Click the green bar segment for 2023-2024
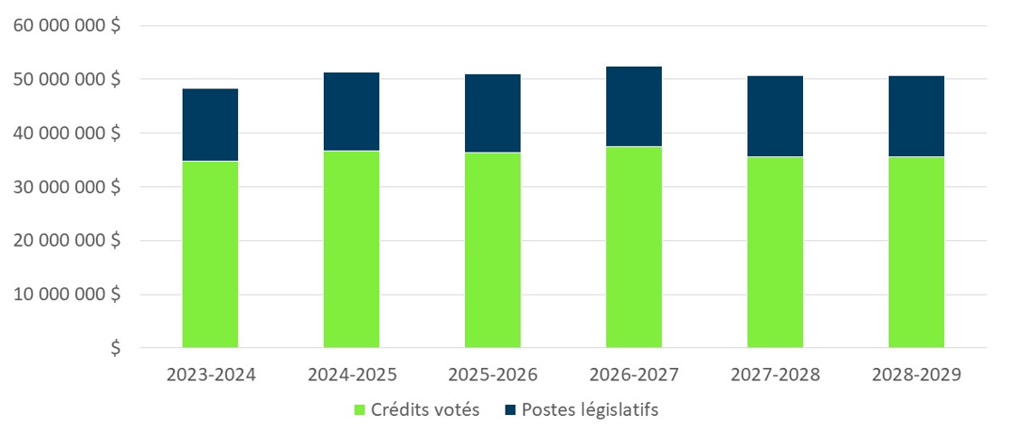210,254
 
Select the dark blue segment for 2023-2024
210,125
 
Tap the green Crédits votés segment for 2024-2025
351,249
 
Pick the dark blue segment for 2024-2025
351,111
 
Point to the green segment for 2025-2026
492,249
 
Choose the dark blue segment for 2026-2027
634,106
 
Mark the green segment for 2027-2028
775,252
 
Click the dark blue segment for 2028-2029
916,116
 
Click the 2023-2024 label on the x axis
211,375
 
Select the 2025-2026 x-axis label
492,375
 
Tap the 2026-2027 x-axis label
634,375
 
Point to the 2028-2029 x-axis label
916,375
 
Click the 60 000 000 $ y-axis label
67,26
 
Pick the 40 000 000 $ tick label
67,134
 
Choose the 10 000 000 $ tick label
67,295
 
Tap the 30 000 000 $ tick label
67,187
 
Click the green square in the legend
359,410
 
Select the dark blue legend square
509,410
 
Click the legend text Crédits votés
425,410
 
